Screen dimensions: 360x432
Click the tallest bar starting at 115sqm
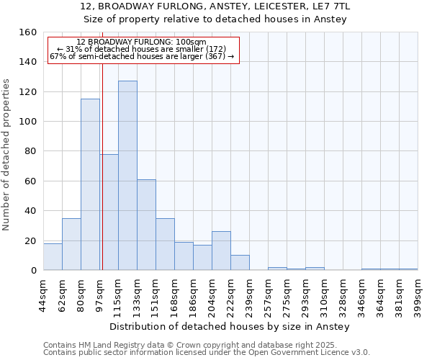pos(127,176)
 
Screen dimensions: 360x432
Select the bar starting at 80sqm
pos(90,184)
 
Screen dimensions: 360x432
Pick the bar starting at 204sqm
pos(221,251)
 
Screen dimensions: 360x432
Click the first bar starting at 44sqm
pos(53,257)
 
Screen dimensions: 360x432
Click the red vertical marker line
pos(102,180)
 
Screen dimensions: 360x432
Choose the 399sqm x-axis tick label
pos(418,294)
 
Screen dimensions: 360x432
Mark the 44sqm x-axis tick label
pos(44,294)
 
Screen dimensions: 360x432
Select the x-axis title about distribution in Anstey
pos(231,327)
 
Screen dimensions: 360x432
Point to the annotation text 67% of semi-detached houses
pos(142,56)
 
